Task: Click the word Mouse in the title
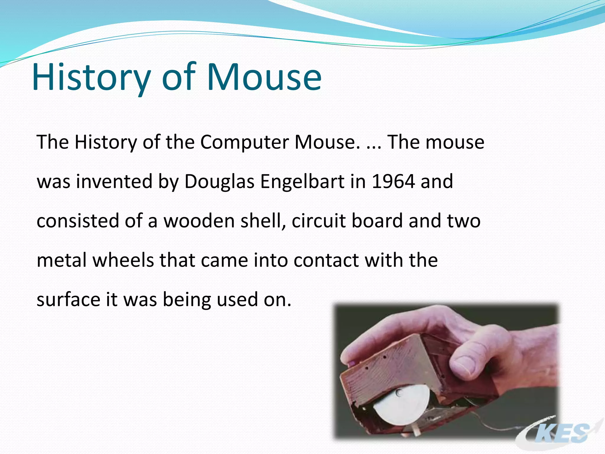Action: coord(264,77)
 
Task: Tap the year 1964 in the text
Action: coord(393,181)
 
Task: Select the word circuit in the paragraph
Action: coord(318,221)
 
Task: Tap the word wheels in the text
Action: coord(123,260)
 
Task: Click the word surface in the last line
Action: coord(68,299)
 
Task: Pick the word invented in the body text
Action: coord(114,181)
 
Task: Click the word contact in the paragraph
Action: coord(326,260)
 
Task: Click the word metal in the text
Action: coord(62,260)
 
